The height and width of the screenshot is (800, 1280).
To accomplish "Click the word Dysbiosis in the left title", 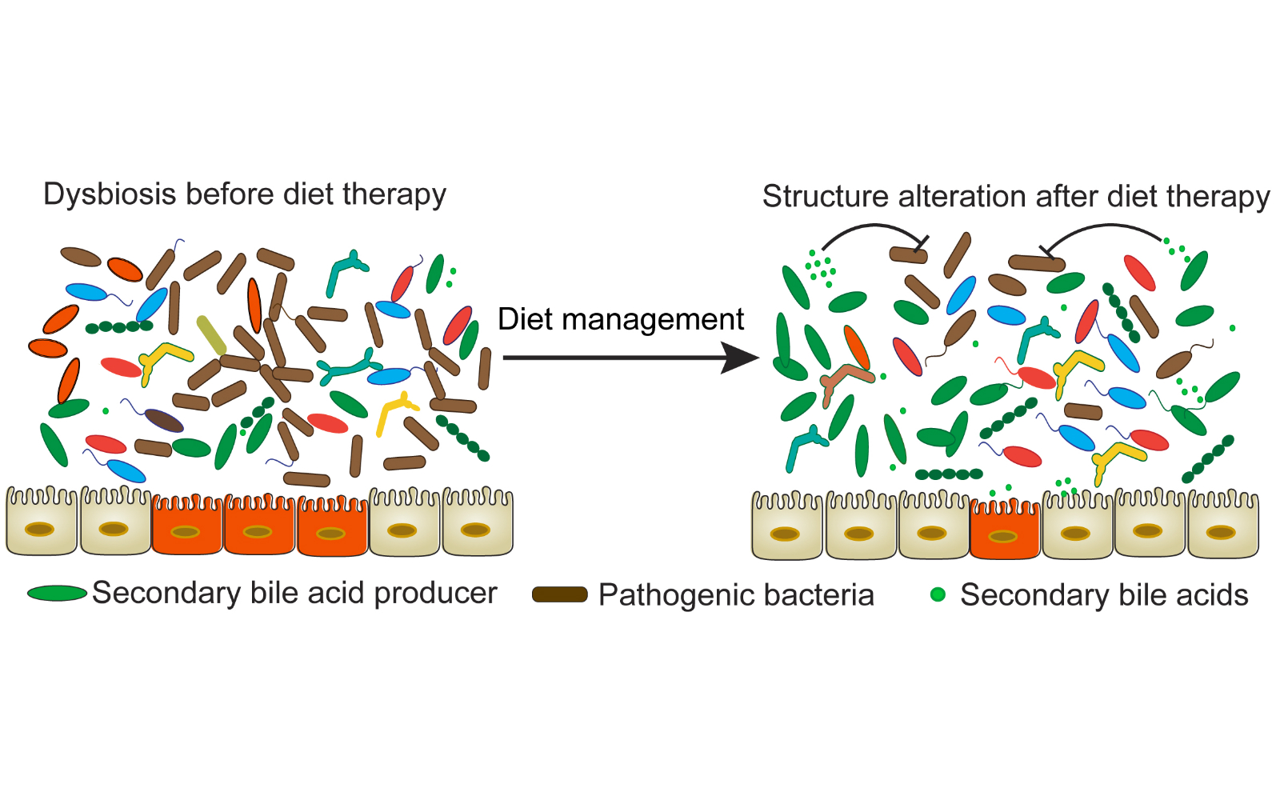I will pyautogui.click(x=110, y=194).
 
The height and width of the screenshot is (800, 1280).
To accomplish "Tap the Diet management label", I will pyautogui.click(x=620, y=319).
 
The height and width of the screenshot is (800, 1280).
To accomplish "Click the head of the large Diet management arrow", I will pyautogui.click(x=740, y=358).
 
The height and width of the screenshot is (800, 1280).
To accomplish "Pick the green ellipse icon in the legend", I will pyautogui.click(x=57, y=594).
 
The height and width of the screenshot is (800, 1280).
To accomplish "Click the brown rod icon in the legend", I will pyautogui.click(x=560, y=594).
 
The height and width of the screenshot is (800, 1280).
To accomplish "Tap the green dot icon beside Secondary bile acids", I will pyautogui.click(x=938, y=594).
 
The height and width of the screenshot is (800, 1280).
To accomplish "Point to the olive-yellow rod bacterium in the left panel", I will pyautogui.click(x=211, y=335).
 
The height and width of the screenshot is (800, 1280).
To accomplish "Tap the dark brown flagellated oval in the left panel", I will pyautogui.click(x=164, y=420).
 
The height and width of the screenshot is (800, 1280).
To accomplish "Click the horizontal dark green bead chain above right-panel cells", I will pyautogui.click(x=949, y=474).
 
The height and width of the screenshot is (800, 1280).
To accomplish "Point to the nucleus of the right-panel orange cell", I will pyautogui.click(x=1003, y=536).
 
